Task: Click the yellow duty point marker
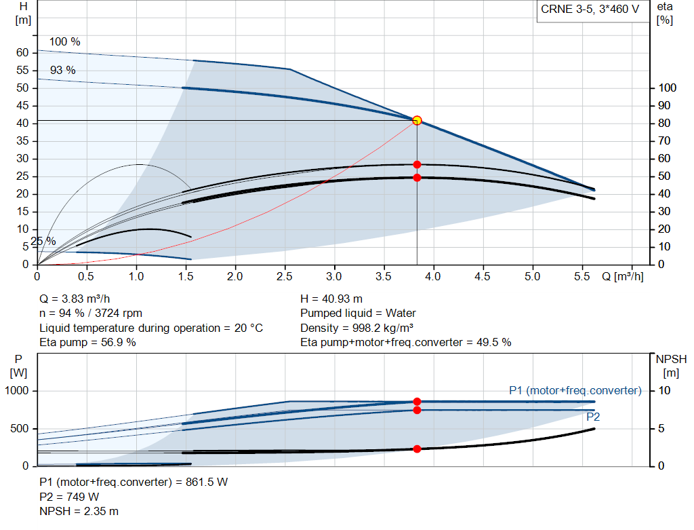click(417, 120)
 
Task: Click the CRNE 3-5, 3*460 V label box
click(590, 10)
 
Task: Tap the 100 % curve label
click(65, 42)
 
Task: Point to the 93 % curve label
click(63, 71)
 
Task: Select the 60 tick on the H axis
click(22, 53)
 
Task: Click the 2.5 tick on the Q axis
click(285, 277)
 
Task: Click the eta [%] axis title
click(665, 13)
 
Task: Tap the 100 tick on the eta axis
click(668, 88)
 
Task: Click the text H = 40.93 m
click(331, 299)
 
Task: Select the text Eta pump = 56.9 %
click(88, 342)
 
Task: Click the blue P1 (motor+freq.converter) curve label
click(575, 390)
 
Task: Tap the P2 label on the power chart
click(593, 417)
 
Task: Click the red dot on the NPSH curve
click(417, 449)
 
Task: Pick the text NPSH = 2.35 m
click(79, 511)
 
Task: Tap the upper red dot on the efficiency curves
click(417, 165)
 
